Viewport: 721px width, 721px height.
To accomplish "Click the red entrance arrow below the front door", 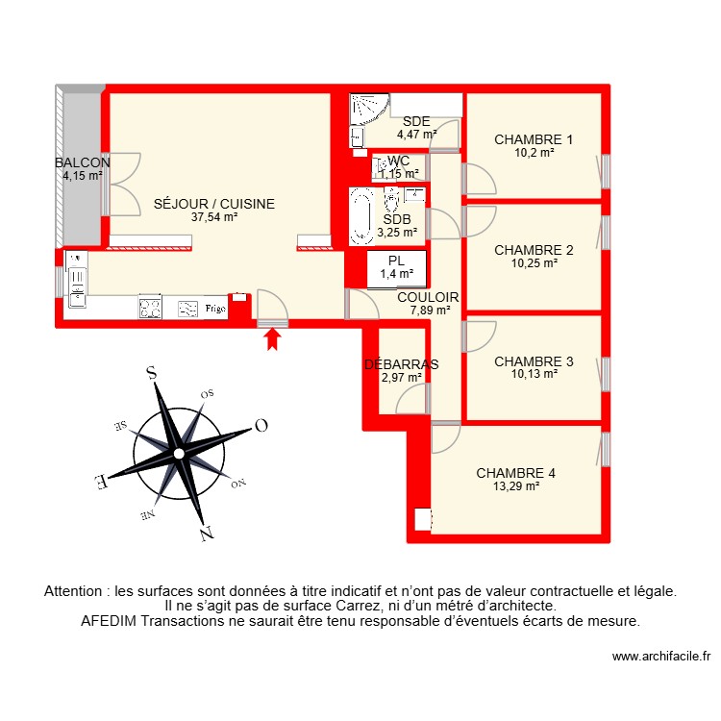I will click(272, 337).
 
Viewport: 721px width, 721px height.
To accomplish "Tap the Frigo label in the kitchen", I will click(215, 309).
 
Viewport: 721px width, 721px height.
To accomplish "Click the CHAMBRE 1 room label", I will click(534, 139).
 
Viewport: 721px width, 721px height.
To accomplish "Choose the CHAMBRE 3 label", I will click(534, 361).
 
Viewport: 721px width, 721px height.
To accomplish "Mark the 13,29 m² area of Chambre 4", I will click(515, 486).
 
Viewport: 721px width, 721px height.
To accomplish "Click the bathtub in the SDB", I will click(362, 214).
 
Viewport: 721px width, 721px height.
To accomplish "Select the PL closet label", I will click(396, 261).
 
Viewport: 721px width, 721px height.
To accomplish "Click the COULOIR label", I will click(428, 298).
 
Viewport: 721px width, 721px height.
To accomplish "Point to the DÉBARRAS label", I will click(401, 364).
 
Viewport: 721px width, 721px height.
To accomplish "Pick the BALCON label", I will click(82, 162).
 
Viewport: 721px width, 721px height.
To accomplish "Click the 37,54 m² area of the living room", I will click(214, 217).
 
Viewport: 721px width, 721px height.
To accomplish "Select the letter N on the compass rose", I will click(206, 533).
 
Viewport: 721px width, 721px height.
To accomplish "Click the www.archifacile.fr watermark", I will click(660, 657).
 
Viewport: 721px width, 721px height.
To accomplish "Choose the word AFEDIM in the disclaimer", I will click(109, 621).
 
